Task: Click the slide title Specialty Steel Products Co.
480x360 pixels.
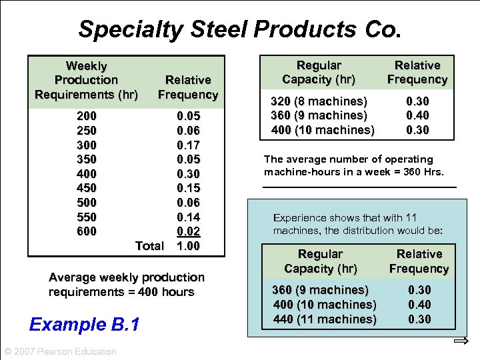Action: [240, 29]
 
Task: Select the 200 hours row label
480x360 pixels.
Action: [87, 116]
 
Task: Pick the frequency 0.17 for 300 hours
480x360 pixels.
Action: [188, 145]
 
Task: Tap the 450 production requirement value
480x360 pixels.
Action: [87, 188]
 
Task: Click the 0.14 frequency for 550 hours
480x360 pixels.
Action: [188, 217]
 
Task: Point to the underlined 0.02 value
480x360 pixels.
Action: [188, 231]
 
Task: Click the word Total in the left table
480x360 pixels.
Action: [149, 246]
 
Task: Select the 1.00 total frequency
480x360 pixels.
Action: [188, 246]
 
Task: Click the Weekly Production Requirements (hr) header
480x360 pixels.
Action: [86, 80]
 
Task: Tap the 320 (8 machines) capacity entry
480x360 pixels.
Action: [319, 101]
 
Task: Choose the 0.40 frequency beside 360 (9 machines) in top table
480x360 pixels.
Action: [418, 115]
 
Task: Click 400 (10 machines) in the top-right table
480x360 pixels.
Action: [323, 129]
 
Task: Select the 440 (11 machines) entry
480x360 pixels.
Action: [325, 319]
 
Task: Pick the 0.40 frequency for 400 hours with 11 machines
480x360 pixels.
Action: [419, 305]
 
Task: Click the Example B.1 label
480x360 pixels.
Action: [85, 325]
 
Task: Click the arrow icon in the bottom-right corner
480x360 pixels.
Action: [461, 341]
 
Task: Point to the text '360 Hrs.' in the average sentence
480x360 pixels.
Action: [425, 173]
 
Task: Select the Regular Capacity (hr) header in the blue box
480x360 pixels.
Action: [321, 261]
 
